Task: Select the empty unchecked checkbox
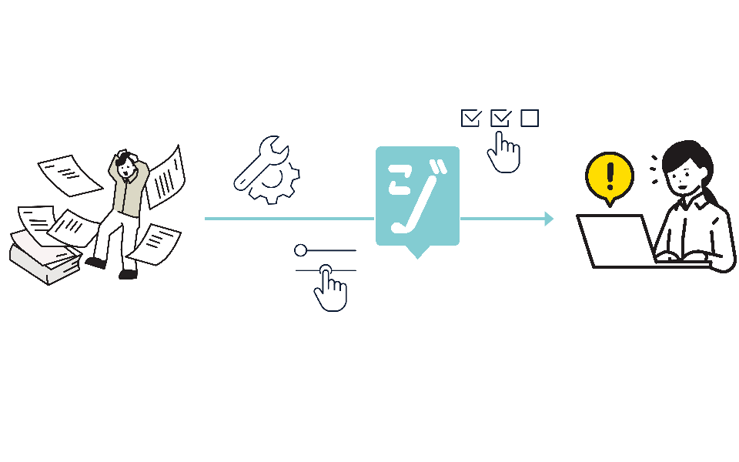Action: click(x=530, y=118)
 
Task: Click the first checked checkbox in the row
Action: click(x=470, y=118)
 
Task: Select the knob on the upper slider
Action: click(x=300, y=250)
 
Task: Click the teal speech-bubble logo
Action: click(x=417, y=196)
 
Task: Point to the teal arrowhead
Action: click(x=549, y=219)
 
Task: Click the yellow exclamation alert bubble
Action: click(x=610, y=176)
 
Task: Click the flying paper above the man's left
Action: click(x=69, y=174)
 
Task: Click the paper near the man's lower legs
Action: click(x=154, y=243)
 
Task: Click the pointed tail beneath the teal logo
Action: click(x=417, y=252)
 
